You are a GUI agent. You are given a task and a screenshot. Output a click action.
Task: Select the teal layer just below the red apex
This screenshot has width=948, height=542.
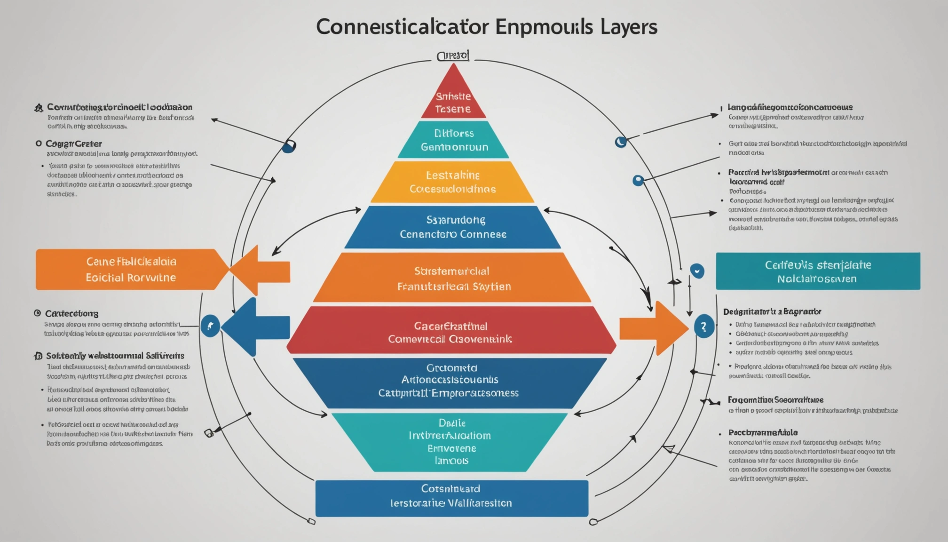(x=453, y=140)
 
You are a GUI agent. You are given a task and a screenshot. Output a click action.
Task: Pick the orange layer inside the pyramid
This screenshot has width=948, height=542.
(x=452, y=278)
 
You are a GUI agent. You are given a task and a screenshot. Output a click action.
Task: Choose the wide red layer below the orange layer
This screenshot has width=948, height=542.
(x=451, y=332)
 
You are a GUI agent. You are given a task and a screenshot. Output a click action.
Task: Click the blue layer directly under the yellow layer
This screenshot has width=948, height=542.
(x=452, y=227)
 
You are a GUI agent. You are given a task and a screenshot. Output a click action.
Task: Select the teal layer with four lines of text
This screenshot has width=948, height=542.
(x=450, y=441)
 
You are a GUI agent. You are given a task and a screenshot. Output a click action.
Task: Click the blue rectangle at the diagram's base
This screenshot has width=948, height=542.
(x=451, y=498)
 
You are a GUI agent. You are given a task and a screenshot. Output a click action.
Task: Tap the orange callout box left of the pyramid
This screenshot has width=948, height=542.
(x=129, y=270)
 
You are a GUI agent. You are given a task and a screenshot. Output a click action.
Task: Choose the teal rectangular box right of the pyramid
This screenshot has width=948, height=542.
(x=817, y=271)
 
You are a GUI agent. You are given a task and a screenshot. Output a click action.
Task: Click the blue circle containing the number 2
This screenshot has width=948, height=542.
(x=703, y=327)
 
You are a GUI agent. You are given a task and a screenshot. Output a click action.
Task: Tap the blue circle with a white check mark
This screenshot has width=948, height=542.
(x=697, y=271)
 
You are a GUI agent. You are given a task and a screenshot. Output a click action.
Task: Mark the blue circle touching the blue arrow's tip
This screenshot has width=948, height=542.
(x=210, y=326)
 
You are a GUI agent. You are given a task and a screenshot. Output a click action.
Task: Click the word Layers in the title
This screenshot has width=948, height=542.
(x=628, y=27)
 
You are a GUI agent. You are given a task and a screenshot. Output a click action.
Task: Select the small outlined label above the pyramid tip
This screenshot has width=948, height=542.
(x=453, y=56)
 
